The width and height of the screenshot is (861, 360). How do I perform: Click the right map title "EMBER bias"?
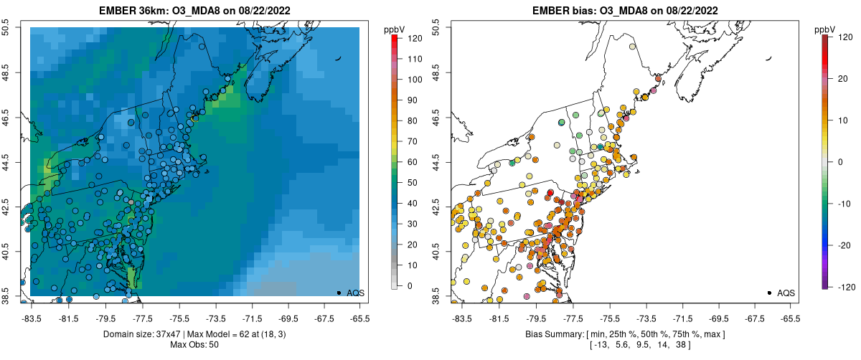click(x=564, y=11)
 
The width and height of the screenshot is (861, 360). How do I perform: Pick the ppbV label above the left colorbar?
click(x=395, y=29)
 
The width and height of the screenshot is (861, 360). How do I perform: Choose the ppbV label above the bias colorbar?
click(x=826, y=29)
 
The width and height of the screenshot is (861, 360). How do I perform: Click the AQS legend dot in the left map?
click(x=339, y=293)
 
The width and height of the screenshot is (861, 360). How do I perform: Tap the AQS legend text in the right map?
click(x=787, y=293)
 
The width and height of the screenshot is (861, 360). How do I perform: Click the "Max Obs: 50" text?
click(x=194, y=345)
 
